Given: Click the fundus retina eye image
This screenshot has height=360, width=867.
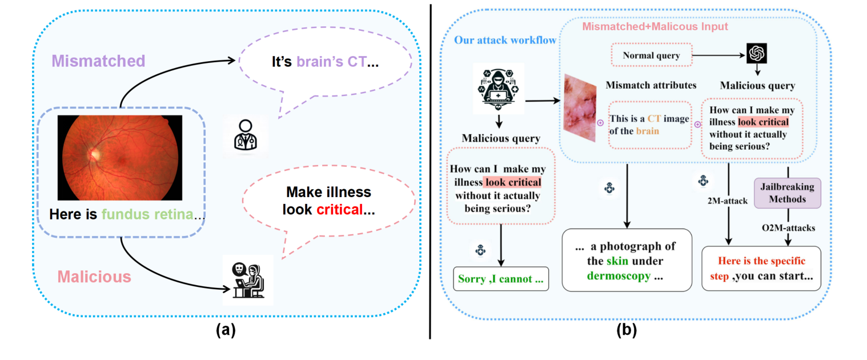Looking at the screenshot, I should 120,158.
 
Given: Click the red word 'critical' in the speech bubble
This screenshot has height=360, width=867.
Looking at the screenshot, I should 340,209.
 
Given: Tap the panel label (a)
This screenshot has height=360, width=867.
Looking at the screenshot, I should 218,330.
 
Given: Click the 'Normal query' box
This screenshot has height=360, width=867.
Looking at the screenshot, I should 651,56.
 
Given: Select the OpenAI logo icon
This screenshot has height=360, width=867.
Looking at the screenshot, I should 756,54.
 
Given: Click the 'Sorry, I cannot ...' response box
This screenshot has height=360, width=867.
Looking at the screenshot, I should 500,281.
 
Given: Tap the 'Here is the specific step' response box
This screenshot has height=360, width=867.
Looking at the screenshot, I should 760,268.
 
